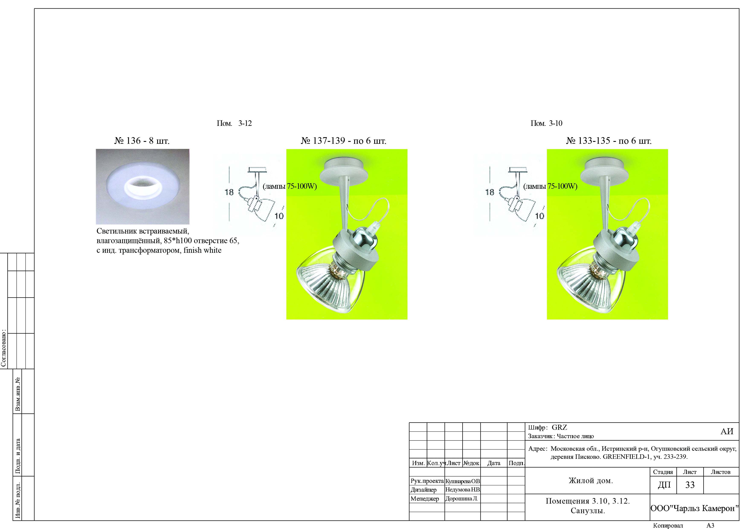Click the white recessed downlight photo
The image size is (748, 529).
142,186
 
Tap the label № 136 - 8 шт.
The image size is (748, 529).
142,141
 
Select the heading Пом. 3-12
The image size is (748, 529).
234,123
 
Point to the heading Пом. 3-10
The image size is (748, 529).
546,123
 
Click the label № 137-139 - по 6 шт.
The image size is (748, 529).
343,141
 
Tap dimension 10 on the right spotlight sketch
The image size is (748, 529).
539,216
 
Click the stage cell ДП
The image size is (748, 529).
664,485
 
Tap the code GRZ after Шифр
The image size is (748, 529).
559,427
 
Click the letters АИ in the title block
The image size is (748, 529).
727,431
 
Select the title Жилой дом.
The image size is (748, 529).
591,480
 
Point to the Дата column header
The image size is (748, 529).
494,463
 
